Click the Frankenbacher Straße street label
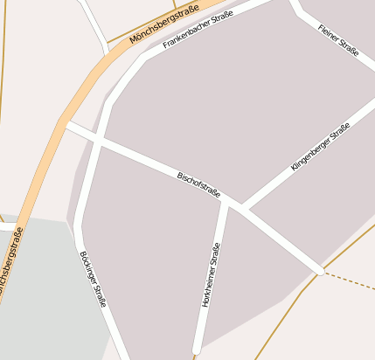click(197, 31)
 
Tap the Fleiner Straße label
click(339, 40)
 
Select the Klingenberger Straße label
click(320, 147)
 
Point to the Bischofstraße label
click(199, 183)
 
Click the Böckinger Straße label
click(93, 279)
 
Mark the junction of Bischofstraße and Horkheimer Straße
click(226, 202)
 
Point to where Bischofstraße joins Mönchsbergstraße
click(66, 125)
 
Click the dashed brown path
click(350, 280)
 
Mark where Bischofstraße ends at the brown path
click(322, 272)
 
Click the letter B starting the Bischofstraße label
click(180, 174)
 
